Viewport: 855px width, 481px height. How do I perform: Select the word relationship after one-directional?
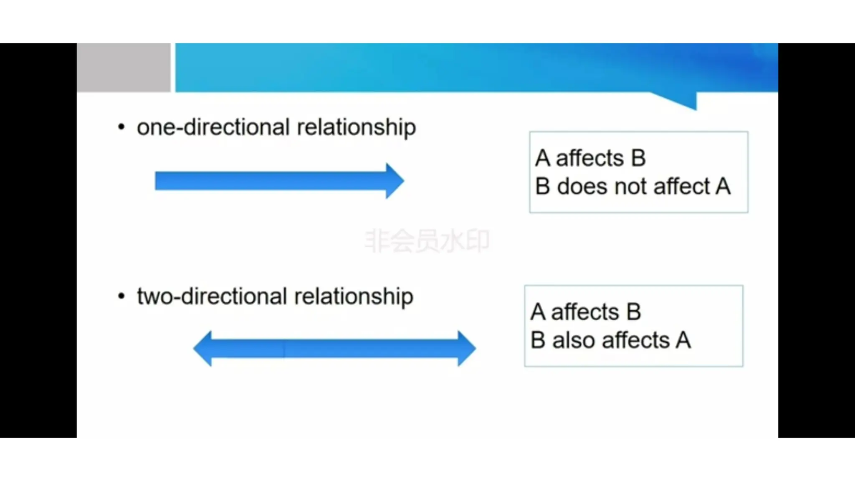356,128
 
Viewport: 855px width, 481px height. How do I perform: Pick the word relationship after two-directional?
354,297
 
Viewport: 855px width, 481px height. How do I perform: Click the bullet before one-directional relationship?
121,127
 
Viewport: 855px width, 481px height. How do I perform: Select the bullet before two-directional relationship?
121,296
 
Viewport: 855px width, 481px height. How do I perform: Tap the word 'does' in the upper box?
583,186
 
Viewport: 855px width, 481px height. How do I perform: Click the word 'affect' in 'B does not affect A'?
681,186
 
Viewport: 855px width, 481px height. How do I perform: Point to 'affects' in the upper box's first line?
589,158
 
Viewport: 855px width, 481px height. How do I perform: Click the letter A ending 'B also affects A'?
683,340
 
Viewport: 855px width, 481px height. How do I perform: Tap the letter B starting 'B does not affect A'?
542,186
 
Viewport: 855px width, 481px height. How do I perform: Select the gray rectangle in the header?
124,67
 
